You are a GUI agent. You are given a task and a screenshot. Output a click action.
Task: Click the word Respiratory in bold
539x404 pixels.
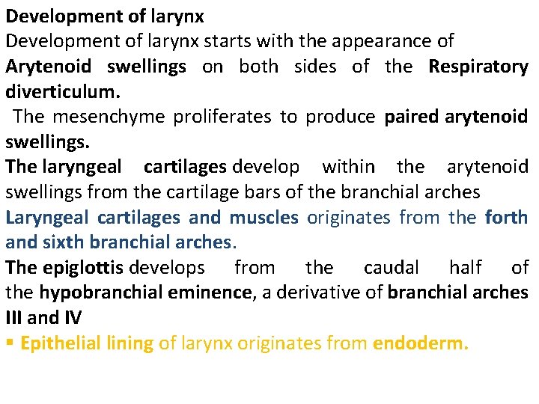(x=478, y=67)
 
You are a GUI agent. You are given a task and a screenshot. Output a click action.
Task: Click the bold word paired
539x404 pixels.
(x=411, y=117)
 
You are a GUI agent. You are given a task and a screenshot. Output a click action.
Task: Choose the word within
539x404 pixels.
(x=347, y=166)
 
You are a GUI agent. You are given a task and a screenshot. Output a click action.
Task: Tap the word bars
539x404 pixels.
(x=264, y=192)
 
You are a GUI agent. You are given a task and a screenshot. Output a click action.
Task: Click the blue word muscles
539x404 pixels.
(x=264, y=217)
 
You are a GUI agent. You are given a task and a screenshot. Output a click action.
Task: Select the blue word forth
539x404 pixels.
(x=506, y=217)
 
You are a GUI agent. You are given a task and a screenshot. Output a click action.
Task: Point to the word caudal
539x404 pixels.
(x=391, y=267)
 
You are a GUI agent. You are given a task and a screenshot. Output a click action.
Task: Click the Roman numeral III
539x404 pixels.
(x=14, y=318)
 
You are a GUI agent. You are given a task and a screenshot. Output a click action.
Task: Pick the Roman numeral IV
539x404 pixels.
(x=72, y=318)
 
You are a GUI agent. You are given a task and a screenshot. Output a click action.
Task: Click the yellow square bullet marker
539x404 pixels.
(x=9, y=343)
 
